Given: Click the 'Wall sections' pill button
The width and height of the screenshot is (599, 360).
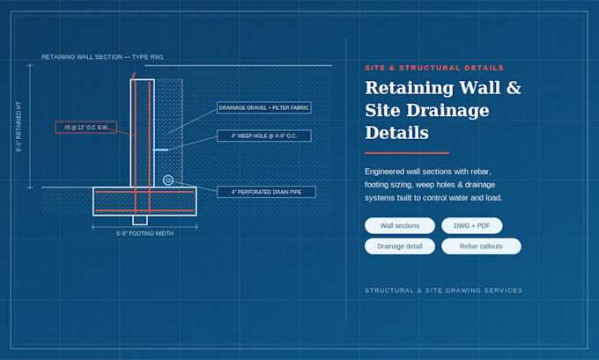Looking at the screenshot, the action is coord(400,225).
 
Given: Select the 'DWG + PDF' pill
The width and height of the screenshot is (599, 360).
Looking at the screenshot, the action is coord(472,225).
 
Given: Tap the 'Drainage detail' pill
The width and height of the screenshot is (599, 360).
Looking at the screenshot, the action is coord(400,246).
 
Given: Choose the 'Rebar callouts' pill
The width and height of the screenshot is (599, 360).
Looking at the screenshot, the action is coord(481,246).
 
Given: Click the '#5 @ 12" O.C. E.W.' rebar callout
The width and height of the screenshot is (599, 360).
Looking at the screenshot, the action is coord(86,127).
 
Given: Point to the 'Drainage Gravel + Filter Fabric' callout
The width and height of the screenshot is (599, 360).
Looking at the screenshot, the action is coord(264,107).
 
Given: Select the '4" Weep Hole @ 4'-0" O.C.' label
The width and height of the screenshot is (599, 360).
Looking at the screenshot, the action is coord(264,136).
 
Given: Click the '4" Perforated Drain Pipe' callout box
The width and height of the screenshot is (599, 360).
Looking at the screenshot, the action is coord(266,192).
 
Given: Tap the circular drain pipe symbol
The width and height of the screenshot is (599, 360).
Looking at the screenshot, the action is coord(167,180).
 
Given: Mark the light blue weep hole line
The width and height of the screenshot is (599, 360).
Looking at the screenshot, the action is coord(161,150).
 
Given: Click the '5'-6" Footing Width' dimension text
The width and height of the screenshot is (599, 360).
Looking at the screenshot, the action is coord(144,233).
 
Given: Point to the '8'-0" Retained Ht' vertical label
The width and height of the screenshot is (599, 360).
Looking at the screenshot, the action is coord(18,127).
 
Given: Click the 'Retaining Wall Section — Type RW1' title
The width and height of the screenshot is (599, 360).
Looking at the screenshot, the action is coord(102,57).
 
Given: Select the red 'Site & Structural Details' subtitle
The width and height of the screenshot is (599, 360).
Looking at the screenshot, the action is coord(434,68).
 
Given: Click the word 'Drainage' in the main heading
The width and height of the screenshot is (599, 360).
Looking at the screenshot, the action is coord(447,110).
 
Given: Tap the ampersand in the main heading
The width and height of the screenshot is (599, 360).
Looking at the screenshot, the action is coord(514,87).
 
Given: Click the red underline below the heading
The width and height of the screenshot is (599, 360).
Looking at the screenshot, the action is coord(407,152).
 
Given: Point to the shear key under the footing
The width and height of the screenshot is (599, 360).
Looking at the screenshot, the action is coord(140,220).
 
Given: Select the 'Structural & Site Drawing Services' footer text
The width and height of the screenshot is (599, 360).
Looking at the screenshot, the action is coord(443,290).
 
